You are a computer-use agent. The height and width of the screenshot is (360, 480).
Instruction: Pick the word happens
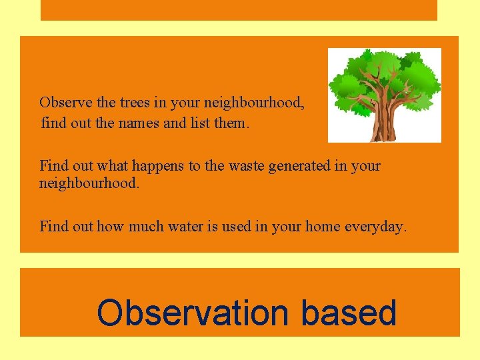[x=161, y=166]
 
